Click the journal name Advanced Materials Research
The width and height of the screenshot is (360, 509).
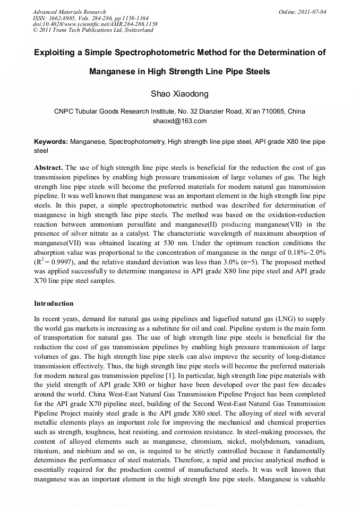(69, 11)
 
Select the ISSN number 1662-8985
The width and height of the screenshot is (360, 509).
(64, 18)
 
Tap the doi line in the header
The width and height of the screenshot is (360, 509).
(95, 24)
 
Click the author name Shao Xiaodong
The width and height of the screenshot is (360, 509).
(179, 94)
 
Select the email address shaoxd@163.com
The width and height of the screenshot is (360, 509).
(179, 121)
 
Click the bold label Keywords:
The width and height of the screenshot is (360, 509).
(51, 142)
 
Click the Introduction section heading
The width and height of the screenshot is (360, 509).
(54, 304)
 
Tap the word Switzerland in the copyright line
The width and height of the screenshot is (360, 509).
(137, 30)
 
